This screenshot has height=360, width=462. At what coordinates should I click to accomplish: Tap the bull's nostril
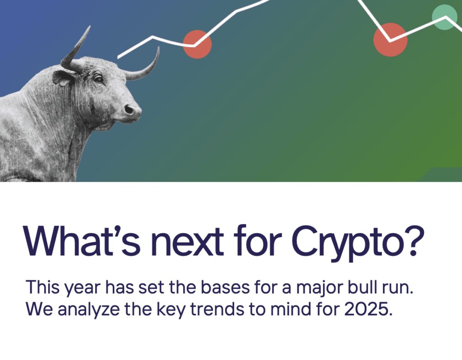click(129, 109)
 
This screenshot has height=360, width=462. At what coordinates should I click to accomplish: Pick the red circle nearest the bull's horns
click(197, 44)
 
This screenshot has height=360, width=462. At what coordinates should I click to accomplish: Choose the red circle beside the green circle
click(390, 40)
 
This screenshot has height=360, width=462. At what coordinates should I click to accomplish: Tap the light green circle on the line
click(444, 17)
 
